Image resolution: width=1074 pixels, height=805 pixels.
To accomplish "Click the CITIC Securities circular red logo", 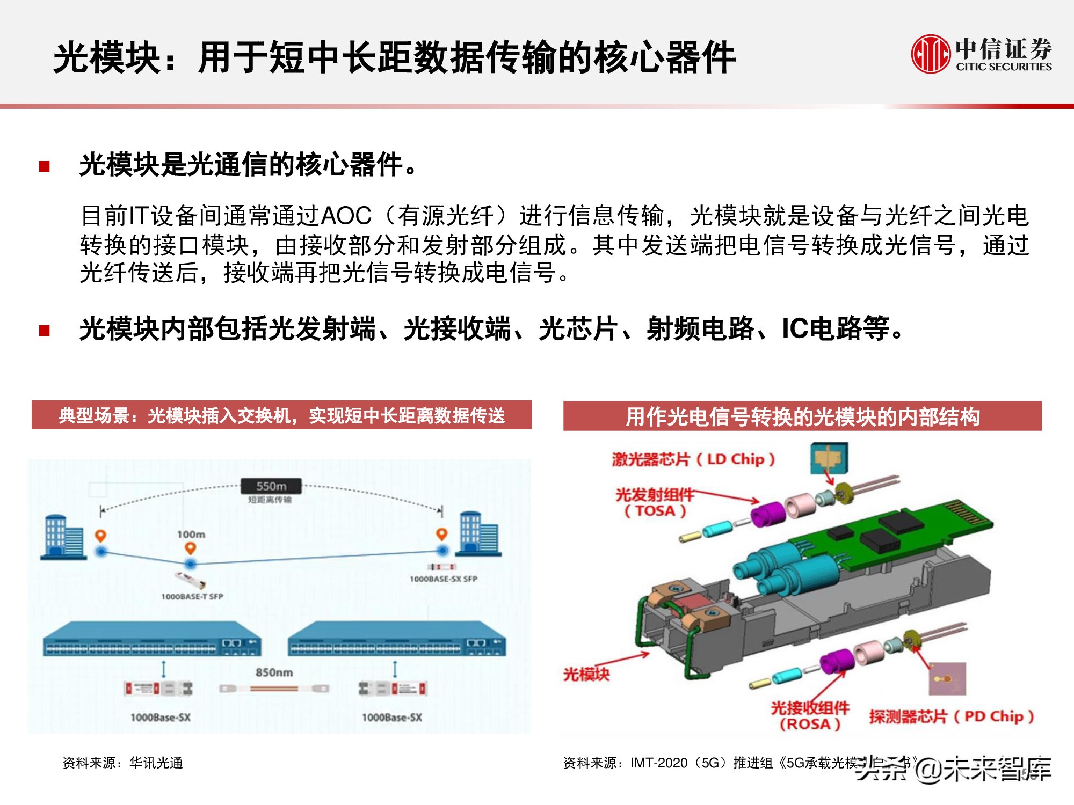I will (x=930, y=54).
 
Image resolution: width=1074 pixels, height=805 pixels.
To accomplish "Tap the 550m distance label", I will (x=271, y=486).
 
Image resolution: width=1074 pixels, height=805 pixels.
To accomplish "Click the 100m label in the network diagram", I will (x=191, y=535).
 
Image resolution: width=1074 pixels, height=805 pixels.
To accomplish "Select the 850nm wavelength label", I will (x=274, y=672).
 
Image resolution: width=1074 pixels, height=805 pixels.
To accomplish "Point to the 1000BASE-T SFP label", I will (x=192, y=596).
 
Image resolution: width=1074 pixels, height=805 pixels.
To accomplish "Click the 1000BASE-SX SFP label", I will (x=443, y=579).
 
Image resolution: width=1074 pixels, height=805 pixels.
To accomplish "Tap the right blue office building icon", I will (x=477, y=535).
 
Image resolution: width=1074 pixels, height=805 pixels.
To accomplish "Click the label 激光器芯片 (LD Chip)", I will (x=693, y=459).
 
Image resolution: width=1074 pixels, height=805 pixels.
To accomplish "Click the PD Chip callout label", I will (x=951, y=716).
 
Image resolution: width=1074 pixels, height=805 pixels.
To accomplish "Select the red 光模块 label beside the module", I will (x=586, y=674).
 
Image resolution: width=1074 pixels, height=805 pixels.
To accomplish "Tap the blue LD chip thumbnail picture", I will (x=829, y=458).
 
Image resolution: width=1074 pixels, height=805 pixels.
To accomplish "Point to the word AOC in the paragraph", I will (x=346, y=216).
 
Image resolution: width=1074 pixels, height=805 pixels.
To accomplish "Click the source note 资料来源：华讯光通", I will (x=123, y=763).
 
